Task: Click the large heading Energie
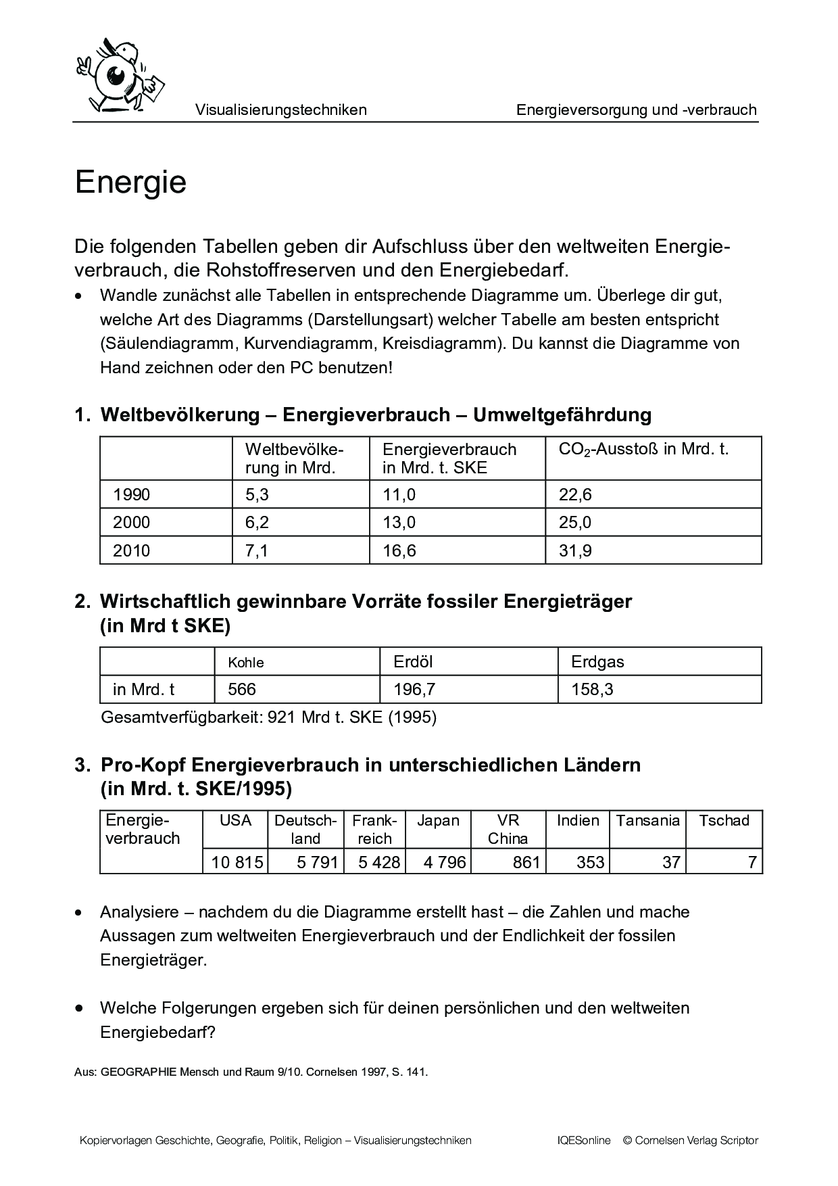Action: (130, 183)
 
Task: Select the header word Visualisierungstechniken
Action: (280, 110)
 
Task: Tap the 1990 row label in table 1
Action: (131, 495)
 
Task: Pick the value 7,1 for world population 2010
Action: (257, 550)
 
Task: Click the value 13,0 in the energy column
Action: (399, 523)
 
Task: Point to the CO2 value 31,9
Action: (575, 550)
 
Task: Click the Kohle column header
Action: (246, 663)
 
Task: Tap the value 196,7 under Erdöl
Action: (414, 689)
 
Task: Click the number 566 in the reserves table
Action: (242, 689)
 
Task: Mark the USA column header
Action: (235, 820)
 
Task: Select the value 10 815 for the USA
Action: (237, 862)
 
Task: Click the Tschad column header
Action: (724, 820)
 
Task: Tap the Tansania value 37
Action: (671, 862)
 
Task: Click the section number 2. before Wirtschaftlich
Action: (82, 601)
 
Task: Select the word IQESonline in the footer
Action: (584, 1140)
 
